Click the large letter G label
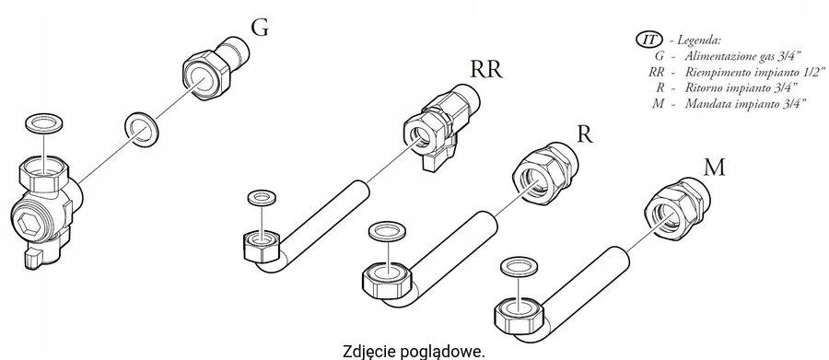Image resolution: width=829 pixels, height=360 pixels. coord(261,29)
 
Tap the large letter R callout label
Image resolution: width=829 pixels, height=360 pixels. coord(583,134)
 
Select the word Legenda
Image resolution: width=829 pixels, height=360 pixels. coord(701,41)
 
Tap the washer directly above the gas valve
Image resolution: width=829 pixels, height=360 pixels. coord(41,122)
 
